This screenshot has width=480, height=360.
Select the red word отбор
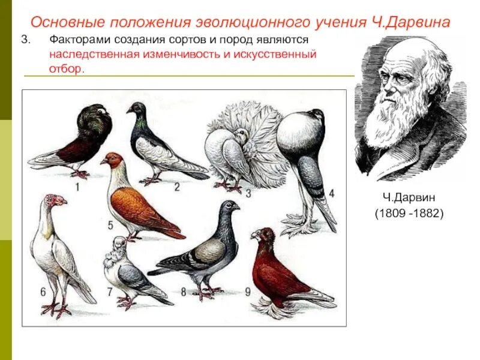point(66,68)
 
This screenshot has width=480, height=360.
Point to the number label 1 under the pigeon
point(77,187)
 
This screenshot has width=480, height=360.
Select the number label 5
point(110,225)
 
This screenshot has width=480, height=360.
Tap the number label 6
point(43,292)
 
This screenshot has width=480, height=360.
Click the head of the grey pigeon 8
point(228,208)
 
